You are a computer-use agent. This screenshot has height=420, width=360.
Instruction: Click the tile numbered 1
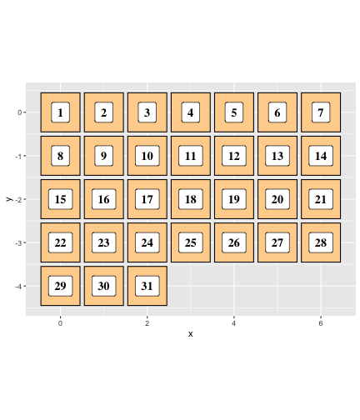point(60,112)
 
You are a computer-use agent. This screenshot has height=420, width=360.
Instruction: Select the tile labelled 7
point(321,112)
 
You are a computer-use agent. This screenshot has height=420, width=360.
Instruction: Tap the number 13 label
point(277,156)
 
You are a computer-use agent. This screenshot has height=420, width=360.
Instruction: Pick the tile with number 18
point(191,199)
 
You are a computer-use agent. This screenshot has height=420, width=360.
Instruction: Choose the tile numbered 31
point(147,286)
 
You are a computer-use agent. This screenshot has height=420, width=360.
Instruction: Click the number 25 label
point(191,242)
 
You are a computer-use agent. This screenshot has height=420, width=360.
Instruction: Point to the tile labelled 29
point(60,286)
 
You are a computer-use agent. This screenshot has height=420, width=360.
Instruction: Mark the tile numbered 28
point(321,242)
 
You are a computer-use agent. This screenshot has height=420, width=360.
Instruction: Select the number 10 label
point(147,156)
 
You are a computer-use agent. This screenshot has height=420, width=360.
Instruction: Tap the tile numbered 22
point(60,242)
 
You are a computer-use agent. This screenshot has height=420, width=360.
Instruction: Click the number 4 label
point(191,112)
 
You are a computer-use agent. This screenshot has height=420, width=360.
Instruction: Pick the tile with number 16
point(104,199)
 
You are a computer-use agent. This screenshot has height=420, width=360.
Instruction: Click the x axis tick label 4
point(234,323)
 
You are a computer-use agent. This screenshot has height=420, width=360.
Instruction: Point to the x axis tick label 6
point(321,323)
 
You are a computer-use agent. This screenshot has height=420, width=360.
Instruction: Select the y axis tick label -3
point(18,243)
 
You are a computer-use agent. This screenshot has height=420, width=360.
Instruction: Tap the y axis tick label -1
point(18,156)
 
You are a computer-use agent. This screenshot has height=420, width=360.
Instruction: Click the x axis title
point(190,334)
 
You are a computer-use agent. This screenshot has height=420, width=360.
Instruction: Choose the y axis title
point(9,199)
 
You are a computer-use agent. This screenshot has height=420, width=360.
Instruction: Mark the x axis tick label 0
point(60,323)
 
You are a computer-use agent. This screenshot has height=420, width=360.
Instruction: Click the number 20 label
point(277,199)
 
